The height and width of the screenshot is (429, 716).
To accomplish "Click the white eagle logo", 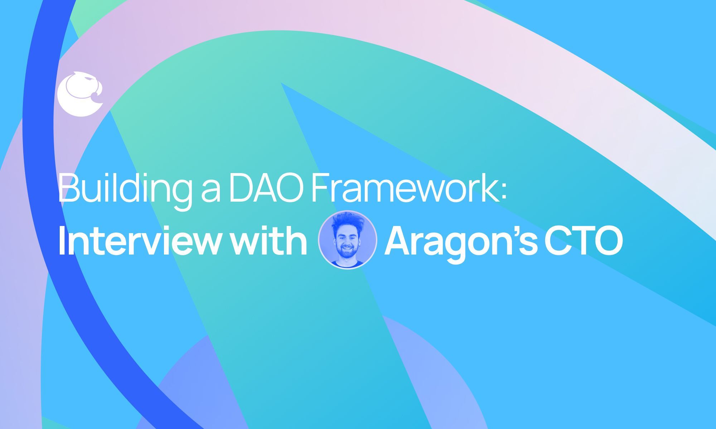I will (x=79, y=94).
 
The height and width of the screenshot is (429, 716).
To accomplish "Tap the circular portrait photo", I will (x=347, y=240).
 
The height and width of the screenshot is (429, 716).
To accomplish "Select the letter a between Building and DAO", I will (x=210, y=192).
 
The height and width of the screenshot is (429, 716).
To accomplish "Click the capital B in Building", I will (x=68, y=188).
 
